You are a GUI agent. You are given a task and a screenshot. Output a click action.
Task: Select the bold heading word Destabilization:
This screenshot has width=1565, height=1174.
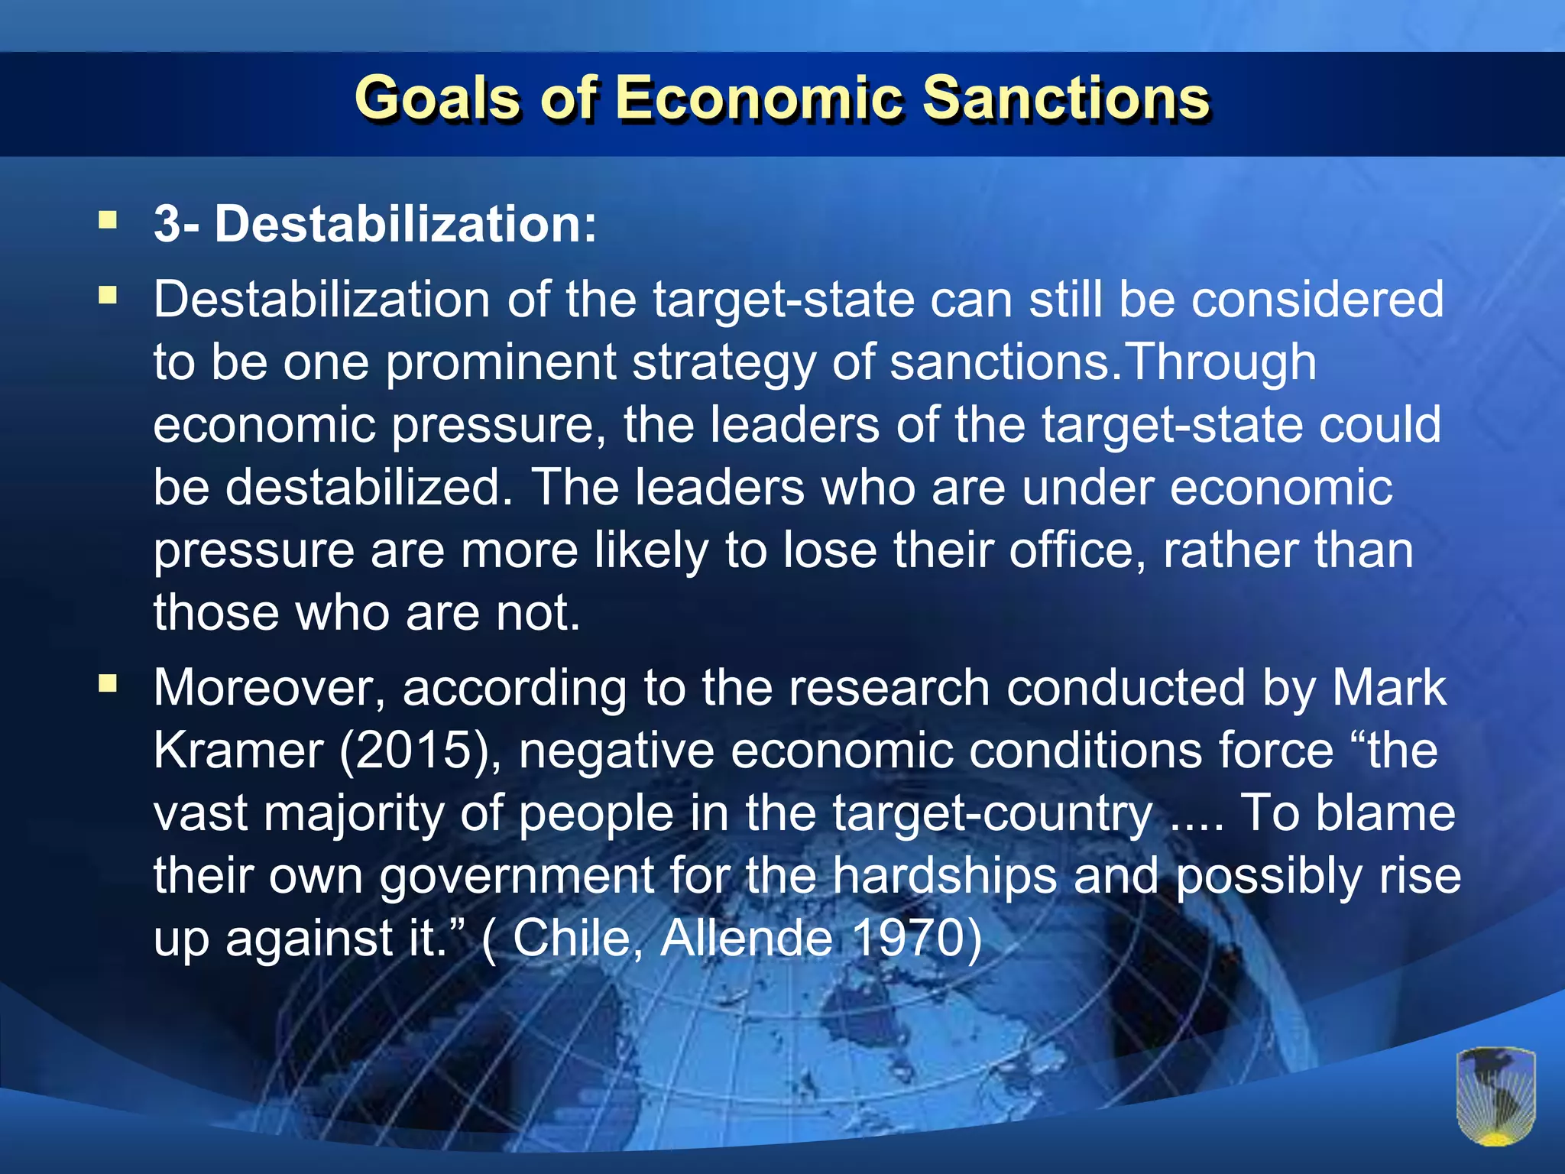(405, 225)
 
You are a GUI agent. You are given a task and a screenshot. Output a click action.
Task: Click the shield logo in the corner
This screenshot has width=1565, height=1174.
(1495, 1095)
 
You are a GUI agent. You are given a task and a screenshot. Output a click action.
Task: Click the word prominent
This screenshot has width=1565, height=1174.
(501, 362)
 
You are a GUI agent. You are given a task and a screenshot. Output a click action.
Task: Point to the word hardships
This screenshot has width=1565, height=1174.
(945, 876)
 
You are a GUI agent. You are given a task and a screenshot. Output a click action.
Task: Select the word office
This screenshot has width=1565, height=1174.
(1077, 550)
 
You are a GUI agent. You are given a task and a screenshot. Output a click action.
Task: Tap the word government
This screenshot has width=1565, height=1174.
(517, 876)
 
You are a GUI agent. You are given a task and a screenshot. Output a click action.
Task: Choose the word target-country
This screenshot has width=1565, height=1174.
(993, 813)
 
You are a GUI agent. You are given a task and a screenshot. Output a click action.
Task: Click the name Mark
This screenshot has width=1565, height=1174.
(1388, 688)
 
